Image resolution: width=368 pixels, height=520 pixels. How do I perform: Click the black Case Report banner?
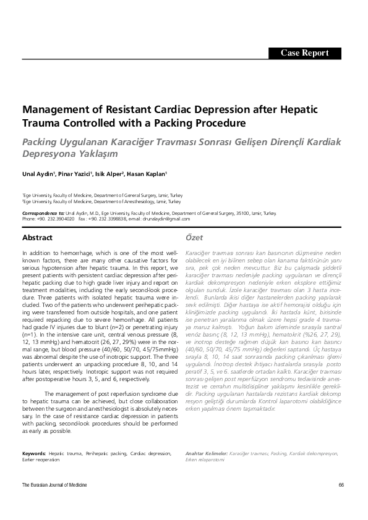[x=304, y=53]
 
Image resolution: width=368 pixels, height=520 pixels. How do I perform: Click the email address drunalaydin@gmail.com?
[x=166, y=219]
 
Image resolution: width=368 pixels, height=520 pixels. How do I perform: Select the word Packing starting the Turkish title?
[x=40, y=140]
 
